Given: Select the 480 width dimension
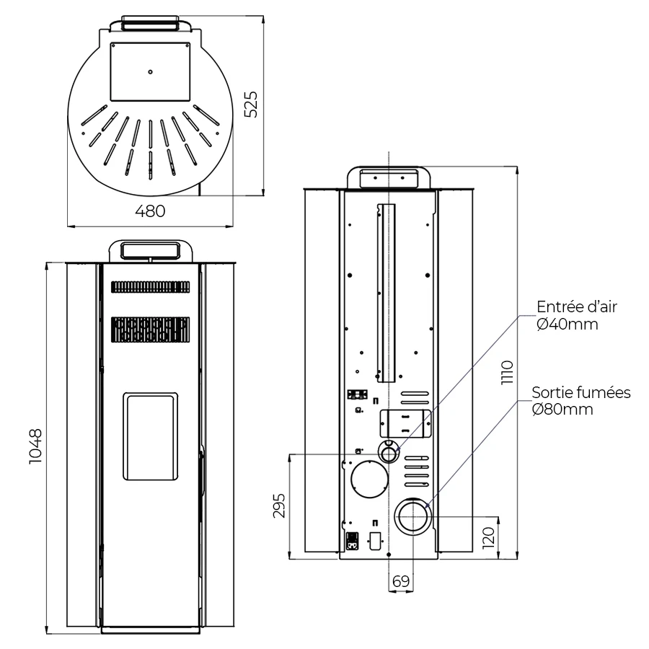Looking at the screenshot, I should click(x=150, y=211).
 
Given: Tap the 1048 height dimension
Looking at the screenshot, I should click(x=35, y=447).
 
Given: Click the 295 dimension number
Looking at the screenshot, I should click(x=280, y=506).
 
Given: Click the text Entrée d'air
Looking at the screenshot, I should click(x=576, y=307).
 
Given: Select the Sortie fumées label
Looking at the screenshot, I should click(x=581, y=393).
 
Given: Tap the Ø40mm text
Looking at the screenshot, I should click(x=568, y=324).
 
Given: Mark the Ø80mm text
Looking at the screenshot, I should click(x=562, y=410).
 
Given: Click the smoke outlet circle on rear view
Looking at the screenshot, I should click(x=412, y=518).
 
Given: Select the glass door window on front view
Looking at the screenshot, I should click(x=150, y=437).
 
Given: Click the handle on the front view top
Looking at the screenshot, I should click(x=150, y=250).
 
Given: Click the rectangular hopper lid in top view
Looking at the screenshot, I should click(x=150, y=71).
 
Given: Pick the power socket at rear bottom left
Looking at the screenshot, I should click(x=353, y=540).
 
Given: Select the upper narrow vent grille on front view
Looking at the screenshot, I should click(x=150, y=287).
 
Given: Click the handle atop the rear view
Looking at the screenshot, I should click(x=389, y=177).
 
